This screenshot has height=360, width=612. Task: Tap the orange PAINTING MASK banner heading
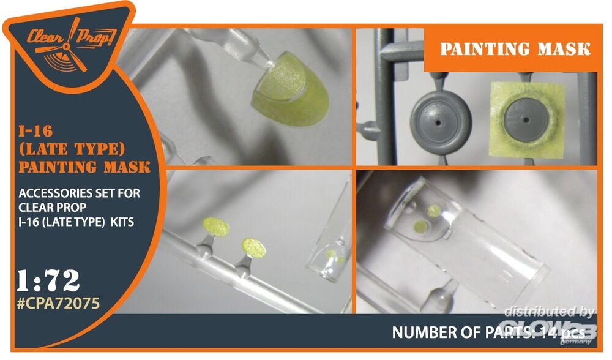click(515, 50)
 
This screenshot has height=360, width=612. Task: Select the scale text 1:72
click(48, 281)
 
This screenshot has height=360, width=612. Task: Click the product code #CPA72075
click(59, 304)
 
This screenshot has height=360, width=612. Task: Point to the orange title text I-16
click(35, 131)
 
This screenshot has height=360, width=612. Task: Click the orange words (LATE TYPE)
click(72, 149)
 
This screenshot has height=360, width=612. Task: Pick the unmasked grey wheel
click(441, 122)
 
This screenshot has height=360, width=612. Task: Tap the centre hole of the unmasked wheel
click(438, 122)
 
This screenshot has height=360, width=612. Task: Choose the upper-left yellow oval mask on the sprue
click(216, 227)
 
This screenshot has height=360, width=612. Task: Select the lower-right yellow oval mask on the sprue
click(254, 247)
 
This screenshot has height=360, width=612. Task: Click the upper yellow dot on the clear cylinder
click(434, 211)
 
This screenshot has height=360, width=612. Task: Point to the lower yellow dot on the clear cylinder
click(421, 227)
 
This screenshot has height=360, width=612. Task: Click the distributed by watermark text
click(549, 312)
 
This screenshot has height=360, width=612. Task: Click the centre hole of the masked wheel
click(526, 120)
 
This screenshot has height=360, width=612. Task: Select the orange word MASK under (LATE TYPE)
click(127, 168)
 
